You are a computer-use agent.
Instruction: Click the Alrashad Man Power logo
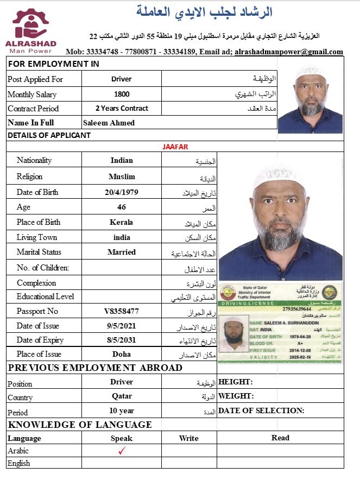(x=31, y=30)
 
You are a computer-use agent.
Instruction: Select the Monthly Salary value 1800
(x=122, y=94)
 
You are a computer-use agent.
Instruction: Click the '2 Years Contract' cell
(x=122, y=108)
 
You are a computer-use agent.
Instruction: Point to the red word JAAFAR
(x=175, y=147)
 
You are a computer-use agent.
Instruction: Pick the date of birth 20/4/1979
(x=122, y=192)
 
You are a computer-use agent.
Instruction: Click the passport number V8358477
(x=122, y=311)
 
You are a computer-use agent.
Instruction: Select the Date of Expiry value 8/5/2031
(x=122, y=340)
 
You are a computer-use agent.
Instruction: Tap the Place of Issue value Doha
(x=122, y=354)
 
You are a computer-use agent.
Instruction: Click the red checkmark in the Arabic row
(x=122, y=450)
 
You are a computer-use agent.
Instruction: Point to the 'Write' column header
(x=188, y=438)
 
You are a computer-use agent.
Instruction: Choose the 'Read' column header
(x=280, y=438)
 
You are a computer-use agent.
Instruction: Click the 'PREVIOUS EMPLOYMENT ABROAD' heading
(x=95, y=368)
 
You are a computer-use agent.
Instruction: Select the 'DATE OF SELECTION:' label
(x=261, y=410)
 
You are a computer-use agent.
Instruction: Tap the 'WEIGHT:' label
(x=236, y=396)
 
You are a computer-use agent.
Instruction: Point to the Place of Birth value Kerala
(x=122, y=222)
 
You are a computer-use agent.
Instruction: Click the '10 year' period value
(x=122, y=410)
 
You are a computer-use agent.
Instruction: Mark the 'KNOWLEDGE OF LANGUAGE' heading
(x=80, y=425)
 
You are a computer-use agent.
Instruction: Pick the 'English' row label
(x=19, y=463)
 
